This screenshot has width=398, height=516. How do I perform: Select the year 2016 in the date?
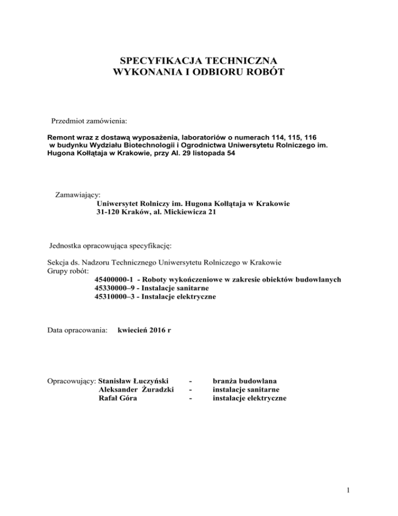(153, 330)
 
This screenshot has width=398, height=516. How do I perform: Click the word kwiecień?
(131, 330)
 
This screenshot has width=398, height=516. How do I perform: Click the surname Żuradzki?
(154, 389)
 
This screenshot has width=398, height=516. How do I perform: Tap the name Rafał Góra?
(116, 398)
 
